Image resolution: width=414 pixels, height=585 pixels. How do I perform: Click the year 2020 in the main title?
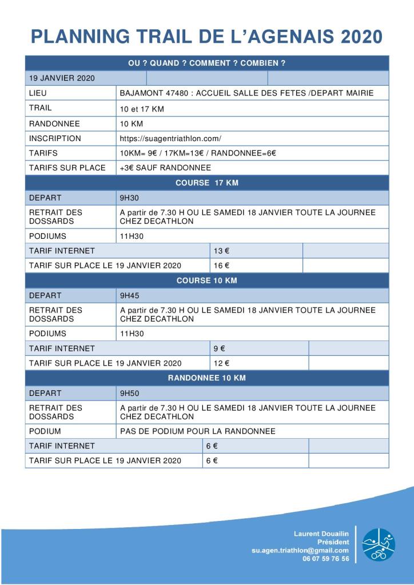click(x=361, y=37)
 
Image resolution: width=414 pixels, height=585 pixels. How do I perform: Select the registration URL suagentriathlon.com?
click(x=170, y=138)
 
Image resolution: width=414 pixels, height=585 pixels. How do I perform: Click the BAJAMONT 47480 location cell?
click(x=246, y=93)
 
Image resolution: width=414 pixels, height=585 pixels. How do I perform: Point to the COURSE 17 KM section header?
click(x=207, y=183)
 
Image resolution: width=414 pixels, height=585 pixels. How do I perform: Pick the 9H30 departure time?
click(x=129, y=198)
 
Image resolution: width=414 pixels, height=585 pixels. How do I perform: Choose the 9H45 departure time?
click(x=129, y=295)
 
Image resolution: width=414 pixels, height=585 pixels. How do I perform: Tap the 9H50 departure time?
click(x=129, y=393)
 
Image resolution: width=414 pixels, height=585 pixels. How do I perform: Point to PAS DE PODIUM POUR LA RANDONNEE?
click(x=197, y=431)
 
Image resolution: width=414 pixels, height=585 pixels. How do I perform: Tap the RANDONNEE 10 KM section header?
click(x=207, y=378)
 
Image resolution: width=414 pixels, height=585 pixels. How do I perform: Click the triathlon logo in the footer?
click(x=378, y=544)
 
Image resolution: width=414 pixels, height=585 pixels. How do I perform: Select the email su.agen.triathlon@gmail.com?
click(x=300, y=550)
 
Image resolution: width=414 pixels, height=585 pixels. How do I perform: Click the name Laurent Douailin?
click(x=321, y=534)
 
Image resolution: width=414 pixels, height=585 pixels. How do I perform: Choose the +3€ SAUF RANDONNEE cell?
click(x=165, y=168)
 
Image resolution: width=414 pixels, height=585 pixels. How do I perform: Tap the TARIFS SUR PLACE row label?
click(x=67, y=168)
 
